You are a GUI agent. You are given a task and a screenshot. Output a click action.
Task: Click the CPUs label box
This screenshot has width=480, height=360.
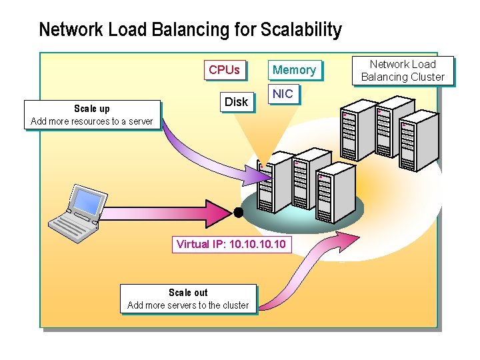click(224, 70)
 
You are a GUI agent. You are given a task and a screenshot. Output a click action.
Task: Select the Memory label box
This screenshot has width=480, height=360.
click(294, 70)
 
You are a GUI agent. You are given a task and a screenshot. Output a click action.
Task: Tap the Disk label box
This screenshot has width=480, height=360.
click(236, 102)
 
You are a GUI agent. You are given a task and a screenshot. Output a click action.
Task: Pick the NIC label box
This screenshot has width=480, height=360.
click(283, 94)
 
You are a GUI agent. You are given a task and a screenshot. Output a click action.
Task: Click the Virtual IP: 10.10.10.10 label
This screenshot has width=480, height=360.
click(231, 244)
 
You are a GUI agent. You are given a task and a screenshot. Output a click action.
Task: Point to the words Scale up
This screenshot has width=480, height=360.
click(92, 109)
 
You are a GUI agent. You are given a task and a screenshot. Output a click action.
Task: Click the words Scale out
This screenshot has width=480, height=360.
click(188, 293)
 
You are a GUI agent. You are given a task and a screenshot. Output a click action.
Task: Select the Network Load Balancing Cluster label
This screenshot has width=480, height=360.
click(403, 71)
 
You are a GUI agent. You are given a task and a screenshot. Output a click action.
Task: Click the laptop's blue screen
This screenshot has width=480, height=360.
click(89, 201)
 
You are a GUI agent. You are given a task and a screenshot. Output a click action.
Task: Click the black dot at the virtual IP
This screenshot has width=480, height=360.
click(237, 213)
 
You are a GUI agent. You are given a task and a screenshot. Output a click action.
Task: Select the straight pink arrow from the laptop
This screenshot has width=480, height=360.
click(167, 213)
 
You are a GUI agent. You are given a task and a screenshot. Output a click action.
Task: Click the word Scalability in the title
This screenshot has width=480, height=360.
click(301, 30)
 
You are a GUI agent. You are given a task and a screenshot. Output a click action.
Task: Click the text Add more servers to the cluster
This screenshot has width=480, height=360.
click(188, 305)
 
